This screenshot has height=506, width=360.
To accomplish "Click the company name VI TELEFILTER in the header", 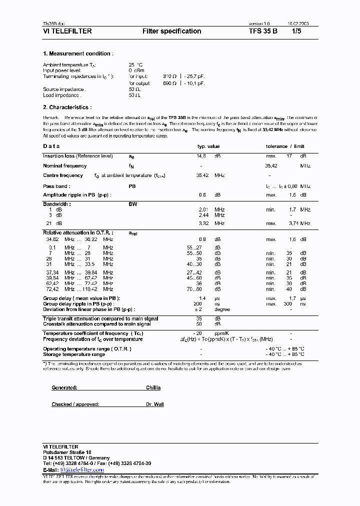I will (67, 31).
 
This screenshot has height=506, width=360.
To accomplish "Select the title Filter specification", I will (171, 31).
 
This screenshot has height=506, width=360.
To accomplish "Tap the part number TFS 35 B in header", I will (263, 31).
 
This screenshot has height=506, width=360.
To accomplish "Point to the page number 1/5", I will (297, 31).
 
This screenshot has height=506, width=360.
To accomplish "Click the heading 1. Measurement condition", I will (77, 53).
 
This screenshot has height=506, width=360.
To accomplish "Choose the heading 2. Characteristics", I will (67, 107).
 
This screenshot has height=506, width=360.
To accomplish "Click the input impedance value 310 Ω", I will (169, 76).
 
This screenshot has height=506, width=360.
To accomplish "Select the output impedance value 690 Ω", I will (169, 83).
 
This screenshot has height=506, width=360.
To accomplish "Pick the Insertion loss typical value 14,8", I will (201, 156).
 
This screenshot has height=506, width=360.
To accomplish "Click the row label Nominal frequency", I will (65, 165).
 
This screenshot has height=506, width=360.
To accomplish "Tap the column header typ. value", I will (208, 146).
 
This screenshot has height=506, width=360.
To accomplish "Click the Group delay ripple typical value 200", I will (198, 303).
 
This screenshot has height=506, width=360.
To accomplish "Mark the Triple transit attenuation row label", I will (100, 318).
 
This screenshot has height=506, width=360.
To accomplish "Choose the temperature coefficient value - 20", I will (197, 333).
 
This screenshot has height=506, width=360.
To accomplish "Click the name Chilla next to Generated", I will (153, 387).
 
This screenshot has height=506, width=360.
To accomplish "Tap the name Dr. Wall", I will (154, 404).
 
